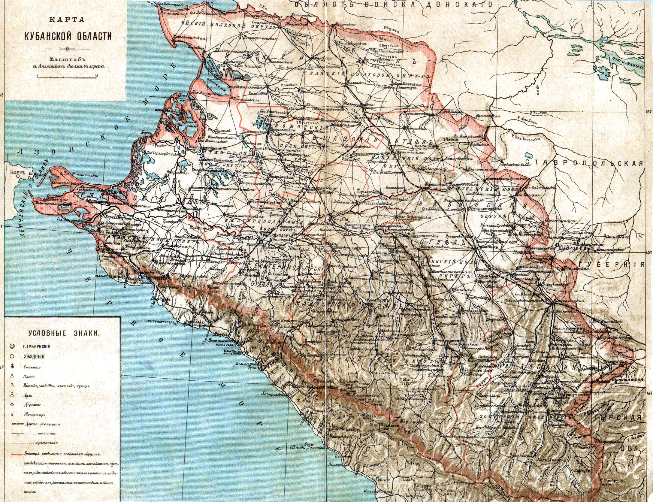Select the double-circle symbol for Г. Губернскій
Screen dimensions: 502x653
point(12,346)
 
